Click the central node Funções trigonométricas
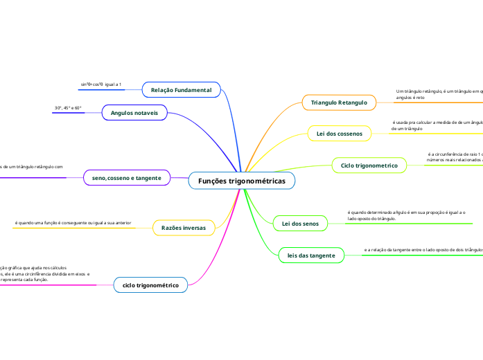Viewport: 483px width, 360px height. click(241, 181)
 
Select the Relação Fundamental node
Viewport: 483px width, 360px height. click(181, 90)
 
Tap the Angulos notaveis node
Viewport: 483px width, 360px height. click(134, 112)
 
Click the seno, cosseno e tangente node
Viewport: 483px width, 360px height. click(126, 178)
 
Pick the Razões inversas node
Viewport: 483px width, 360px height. click(183, 227)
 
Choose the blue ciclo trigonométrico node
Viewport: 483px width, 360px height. click(150, 285)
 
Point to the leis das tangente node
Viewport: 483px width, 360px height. click(311, 255)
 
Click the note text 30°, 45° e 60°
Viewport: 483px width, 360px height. click(68, 108)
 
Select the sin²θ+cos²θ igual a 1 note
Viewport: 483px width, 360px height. click(101, 84)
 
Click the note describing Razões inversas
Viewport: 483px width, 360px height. click(73, 223)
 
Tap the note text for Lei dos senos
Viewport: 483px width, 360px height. click(405, 215)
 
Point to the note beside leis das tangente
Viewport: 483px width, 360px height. click(423, 249)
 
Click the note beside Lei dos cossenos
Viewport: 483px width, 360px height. click(437, 125)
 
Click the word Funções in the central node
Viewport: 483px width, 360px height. click(213, 181)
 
